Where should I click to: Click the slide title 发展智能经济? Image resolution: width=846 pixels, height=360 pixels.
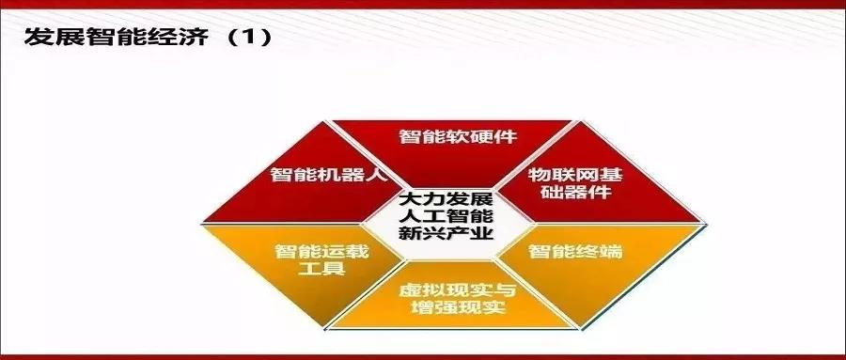click(116, 38)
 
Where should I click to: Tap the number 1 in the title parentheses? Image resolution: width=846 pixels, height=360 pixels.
click(249, 39)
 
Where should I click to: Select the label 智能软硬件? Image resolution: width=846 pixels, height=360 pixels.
click(458, 136)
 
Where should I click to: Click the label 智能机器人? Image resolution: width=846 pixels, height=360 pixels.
click(329, 175)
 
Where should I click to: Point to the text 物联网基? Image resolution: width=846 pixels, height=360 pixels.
click(575, 174)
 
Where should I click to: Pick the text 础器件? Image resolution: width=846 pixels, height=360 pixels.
click(575, 194)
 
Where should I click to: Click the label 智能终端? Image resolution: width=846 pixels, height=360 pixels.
click(575, 251)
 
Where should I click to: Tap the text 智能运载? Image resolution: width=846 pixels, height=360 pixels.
click(322, 251)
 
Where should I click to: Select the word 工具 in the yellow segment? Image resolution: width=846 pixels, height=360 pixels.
click(322, 269)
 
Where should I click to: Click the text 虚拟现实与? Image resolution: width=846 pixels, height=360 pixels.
click(458, 290)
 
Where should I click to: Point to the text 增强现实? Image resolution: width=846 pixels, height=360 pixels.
click(458, 308)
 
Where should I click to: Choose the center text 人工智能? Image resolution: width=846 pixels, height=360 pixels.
click(446, 217)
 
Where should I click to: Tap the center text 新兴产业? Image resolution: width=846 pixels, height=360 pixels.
click(446, 234)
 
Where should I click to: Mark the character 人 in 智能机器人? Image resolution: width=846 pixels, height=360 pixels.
click(378, 175)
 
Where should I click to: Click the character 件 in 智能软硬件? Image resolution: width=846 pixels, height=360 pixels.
click(506, 136)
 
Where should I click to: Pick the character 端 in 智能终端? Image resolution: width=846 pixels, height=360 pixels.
click(612, 251)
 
